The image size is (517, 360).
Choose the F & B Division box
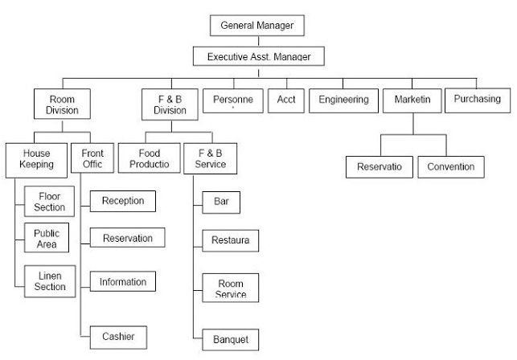[x=169, y=104]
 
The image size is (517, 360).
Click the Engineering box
[x=343, y=100]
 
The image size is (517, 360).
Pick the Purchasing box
[x=476, y=99]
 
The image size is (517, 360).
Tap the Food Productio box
[x=147, y=157]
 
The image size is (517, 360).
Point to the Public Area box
[x=46, y=238]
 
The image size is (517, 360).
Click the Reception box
[x=122, y=200]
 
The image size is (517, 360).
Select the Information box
[x=122, y=282]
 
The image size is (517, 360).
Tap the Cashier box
[x=117, y=336]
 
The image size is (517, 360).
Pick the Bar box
[x=222, y=201]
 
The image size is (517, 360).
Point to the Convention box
[x=450, y=167]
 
